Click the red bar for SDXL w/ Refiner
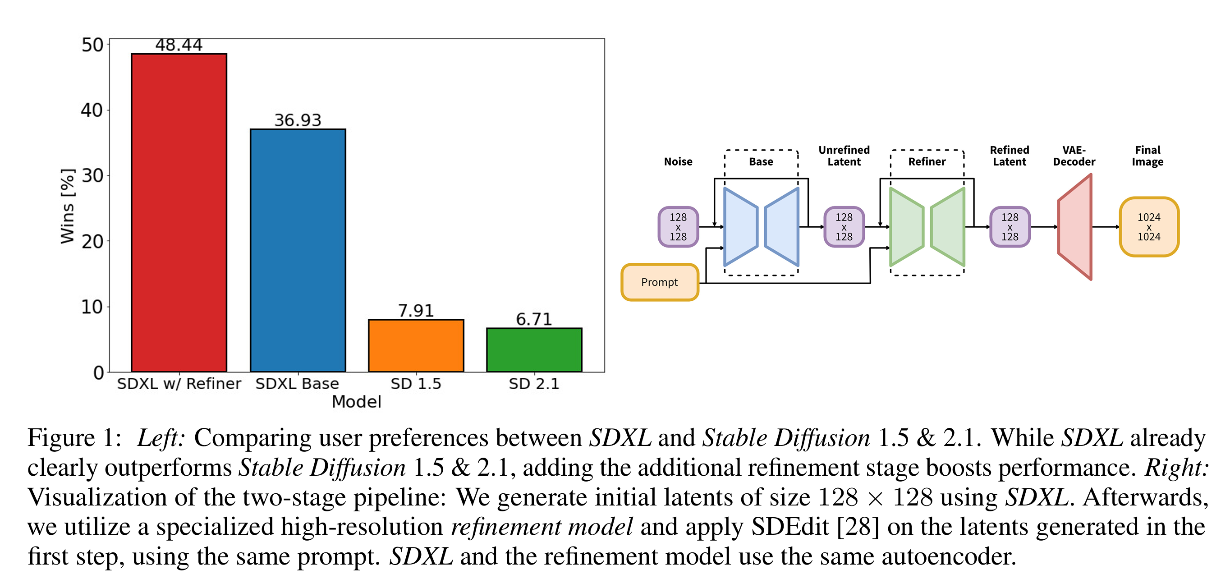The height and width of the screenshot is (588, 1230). point(179,212)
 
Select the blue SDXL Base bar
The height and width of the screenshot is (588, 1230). point(298,250)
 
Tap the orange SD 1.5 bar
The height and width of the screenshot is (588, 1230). point(416,346)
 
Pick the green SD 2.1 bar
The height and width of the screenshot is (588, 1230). point(534,350)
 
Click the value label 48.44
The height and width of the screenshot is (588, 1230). point(179,45)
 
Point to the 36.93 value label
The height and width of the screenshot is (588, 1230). point(298,120)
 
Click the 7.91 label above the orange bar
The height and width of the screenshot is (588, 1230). point(416,311)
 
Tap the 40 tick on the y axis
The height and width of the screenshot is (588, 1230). point(92,110)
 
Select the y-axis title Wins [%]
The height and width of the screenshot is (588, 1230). point(67,206)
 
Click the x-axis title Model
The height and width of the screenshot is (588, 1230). point(357,402)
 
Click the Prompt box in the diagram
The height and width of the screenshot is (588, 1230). point(660,282)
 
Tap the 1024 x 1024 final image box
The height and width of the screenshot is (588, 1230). point(1149,227)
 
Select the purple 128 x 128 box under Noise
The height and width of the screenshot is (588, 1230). point(678,227)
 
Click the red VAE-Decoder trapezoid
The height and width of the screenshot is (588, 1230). point(1075,227)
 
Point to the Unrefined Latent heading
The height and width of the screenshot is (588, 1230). point(844,156)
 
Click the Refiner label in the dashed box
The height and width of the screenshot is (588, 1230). point(927,162)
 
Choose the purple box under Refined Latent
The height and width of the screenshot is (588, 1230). point(1010,227)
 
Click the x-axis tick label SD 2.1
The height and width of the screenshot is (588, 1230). point(534,384)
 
